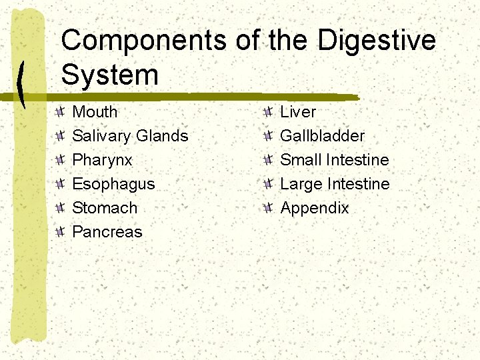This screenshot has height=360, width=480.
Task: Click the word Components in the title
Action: (143, 41)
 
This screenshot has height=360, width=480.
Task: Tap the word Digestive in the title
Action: (377, 41)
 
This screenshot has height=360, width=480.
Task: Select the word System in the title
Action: (110, 74)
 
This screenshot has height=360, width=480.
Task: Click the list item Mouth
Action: (95, 112)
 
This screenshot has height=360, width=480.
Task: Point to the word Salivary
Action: (101, 136)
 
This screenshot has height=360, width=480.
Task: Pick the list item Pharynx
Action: (102, 160)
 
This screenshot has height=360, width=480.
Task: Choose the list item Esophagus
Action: (113, 184)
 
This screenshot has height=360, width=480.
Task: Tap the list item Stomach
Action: (105, 208)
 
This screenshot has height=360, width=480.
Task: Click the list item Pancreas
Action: (107, 232)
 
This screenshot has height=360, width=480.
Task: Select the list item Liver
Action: (298, 112)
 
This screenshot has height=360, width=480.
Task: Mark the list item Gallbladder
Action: (323, 136)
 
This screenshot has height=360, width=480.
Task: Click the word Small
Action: (301, 160)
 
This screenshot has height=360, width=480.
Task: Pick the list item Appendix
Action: (315, 208)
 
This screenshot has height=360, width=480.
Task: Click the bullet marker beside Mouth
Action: (59, 112)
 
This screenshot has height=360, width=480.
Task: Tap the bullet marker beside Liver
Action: (267, 112)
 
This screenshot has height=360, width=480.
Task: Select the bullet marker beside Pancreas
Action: (59, 232)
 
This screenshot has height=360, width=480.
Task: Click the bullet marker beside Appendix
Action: (267, 208)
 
